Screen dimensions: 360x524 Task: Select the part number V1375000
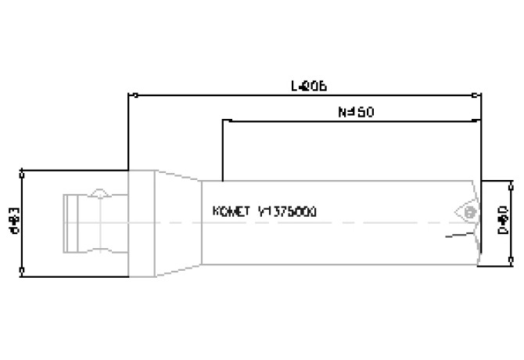[288, 212]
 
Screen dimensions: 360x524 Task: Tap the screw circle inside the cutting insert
[469, 212]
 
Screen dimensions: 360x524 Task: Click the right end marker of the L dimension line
[480, 95]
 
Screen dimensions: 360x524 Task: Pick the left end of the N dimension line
[224, 121]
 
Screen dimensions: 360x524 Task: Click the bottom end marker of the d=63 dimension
[23, 272]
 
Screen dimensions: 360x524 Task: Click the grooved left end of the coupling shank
[70, 222]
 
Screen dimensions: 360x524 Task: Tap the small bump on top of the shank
[99, 193]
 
